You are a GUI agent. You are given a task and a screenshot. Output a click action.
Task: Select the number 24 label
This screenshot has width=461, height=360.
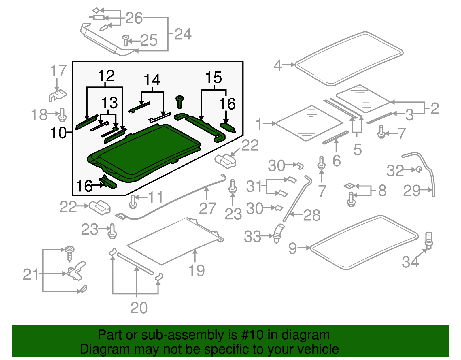click(x=183, y=34)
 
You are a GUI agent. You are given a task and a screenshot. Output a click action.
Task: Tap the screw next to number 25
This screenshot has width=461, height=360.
click(x=126, y=40)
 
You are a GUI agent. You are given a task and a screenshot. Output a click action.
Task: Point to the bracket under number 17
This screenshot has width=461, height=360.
click(x=58, y=95)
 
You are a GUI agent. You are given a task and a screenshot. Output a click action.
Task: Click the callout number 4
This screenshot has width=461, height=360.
click(x=277, y=65)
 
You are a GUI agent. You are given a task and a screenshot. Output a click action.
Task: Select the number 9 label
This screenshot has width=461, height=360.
click(x=292, y=248)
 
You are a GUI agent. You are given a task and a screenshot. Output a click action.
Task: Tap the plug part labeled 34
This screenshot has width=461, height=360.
click(x=429, y=240)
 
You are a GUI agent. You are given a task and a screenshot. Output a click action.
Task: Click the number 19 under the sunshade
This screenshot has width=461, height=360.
click(x=196, y=270)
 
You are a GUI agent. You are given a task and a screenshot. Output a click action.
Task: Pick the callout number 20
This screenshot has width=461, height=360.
click(x=139, y=308)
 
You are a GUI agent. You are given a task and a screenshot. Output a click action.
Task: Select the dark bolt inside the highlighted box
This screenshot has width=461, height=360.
click(x=180, y=102)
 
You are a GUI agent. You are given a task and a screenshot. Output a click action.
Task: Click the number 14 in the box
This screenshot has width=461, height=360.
click(x=152, y=80)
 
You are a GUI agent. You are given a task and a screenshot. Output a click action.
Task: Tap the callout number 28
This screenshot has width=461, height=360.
click(x=312, y=215)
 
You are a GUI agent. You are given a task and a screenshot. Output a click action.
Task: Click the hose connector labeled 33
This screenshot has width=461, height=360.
click(x=278, y=233)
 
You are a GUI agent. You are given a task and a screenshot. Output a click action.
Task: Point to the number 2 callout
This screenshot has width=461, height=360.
click(x=434, y=108)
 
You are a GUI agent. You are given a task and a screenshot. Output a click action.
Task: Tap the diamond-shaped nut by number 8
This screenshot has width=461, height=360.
click(x=349, y=186)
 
